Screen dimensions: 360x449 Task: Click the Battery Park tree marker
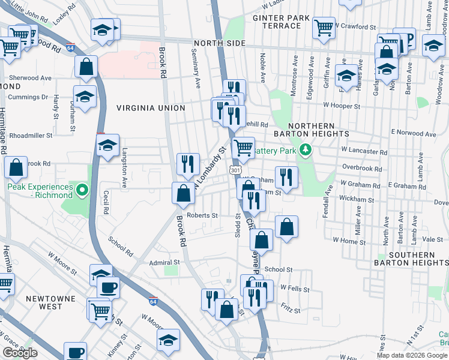tap(306, 149)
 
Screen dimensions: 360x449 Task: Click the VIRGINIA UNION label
tap(151, 108)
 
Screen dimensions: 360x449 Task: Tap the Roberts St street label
tap(202, 215)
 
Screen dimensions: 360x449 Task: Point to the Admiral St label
tap(164, 262)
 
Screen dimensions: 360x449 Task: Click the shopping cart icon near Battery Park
tap(243, 146)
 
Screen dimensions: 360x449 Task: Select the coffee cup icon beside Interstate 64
tap(108, 287)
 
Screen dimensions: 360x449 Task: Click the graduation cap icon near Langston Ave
tap(108, 145)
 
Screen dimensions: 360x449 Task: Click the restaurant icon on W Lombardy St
tap(188, 163)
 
